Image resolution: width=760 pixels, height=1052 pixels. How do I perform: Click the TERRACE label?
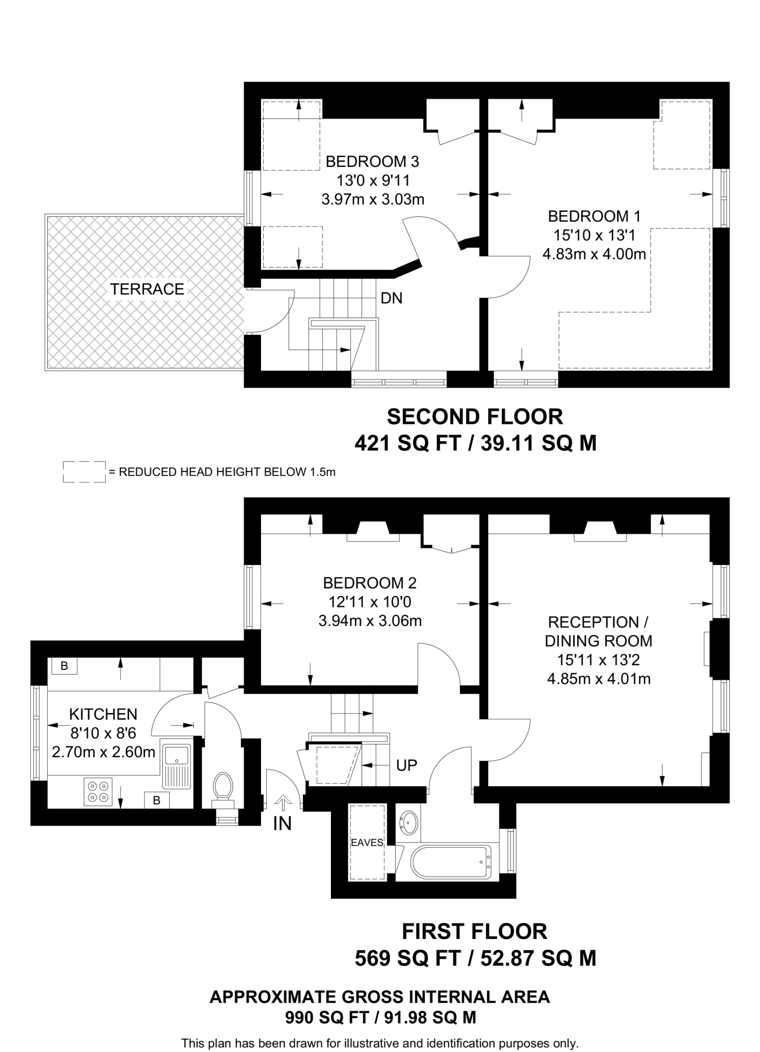click(147, 289)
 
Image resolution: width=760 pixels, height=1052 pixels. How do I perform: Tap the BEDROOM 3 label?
click(372, 162)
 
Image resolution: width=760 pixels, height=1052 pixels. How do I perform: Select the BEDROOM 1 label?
click(594, 216)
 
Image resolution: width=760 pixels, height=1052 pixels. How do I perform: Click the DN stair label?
click(391, 298)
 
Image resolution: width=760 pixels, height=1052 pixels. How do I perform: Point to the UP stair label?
click(406, 765)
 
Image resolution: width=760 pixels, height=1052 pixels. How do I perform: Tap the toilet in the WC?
click(224, 786)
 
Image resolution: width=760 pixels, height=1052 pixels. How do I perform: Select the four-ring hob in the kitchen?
click(98, 792)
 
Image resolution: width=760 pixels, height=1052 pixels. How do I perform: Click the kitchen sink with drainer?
click(176, 765)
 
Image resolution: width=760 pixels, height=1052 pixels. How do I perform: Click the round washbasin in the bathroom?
click(409, 823)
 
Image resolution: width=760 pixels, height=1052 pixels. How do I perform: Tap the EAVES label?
click(367, 842)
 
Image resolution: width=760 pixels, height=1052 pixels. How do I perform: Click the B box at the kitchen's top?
click(64, 666)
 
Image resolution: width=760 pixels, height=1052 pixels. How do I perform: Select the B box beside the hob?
click(157, 800)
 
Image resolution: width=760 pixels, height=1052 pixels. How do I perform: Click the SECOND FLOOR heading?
click(475, 417)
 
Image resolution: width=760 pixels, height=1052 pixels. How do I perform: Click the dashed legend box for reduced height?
click(84, 472)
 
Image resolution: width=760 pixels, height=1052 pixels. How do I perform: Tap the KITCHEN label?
click(103, 714)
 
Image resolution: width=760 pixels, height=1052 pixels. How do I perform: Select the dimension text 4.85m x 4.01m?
click(599, 679)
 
